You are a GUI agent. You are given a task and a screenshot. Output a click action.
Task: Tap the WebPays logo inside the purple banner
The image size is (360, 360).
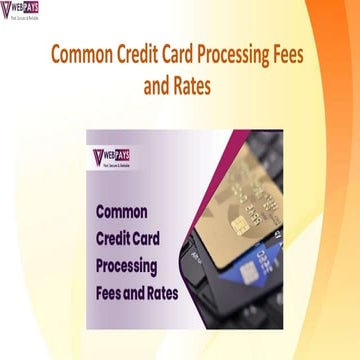click(x=118, y=159)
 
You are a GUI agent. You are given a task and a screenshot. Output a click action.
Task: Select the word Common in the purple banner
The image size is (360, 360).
click(x=121, y=212)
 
